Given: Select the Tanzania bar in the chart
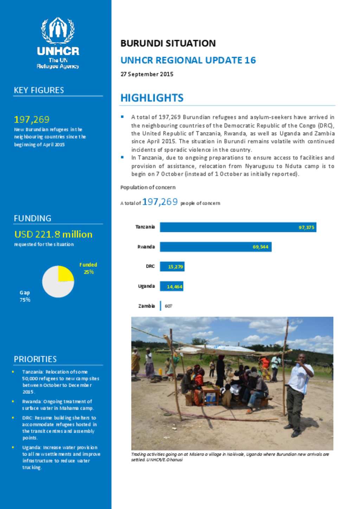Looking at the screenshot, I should (238, 227).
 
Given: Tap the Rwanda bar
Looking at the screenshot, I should (215, 247).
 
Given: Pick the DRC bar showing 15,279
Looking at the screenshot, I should (172, 267).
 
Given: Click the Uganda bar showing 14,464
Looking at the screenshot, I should (172, 286).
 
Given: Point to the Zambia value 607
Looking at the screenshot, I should (168, 306).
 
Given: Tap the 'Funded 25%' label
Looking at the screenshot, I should (88, 268).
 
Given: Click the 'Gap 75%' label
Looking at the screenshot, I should (25, 296).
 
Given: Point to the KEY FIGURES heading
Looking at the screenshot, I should (39, 90).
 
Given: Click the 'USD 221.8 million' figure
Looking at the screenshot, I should (53, 234).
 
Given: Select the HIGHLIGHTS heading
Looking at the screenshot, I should (152, 98).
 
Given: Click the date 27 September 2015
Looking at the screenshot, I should (147, 74).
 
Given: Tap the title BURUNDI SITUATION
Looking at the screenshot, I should (168, 43).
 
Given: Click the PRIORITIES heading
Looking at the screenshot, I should (35, 359).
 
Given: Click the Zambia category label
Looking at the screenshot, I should (146, 306).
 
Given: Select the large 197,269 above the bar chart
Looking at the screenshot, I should (160, 202).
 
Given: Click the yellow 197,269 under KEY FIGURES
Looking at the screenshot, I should (32, 119).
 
